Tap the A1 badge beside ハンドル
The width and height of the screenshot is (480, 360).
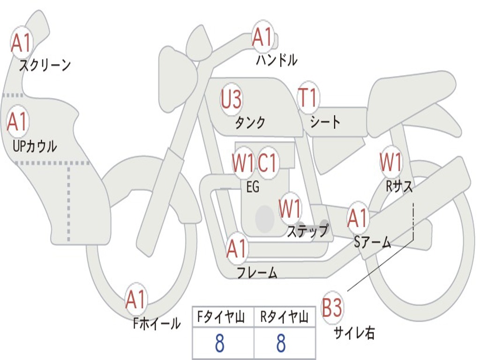click(x=262, y=37)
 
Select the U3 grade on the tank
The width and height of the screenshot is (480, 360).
click(x=232, y=99)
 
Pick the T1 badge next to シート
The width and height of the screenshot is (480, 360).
click(x=308, y=98)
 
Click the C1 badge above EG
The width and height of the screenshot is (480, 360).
click(x=268, y=163)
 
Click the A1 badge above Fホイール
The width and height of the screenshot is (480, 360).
click(x=136, y=300)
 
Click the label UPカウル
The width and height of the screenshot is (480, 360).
click(x=34, y=146)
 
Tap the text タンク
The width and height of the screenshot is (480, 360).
click(x=250, y=122)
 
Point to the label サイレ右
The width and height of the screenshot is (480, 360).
click(x=354, y=333)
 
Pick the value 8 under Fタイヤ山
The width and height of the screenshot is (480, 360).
click(x=219, y=344)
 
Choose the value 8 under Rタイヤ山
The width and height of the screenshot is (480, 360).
click(x=281, y=344)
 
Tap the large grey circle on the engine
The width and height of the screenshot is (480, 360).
click(x=265, y=218)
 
